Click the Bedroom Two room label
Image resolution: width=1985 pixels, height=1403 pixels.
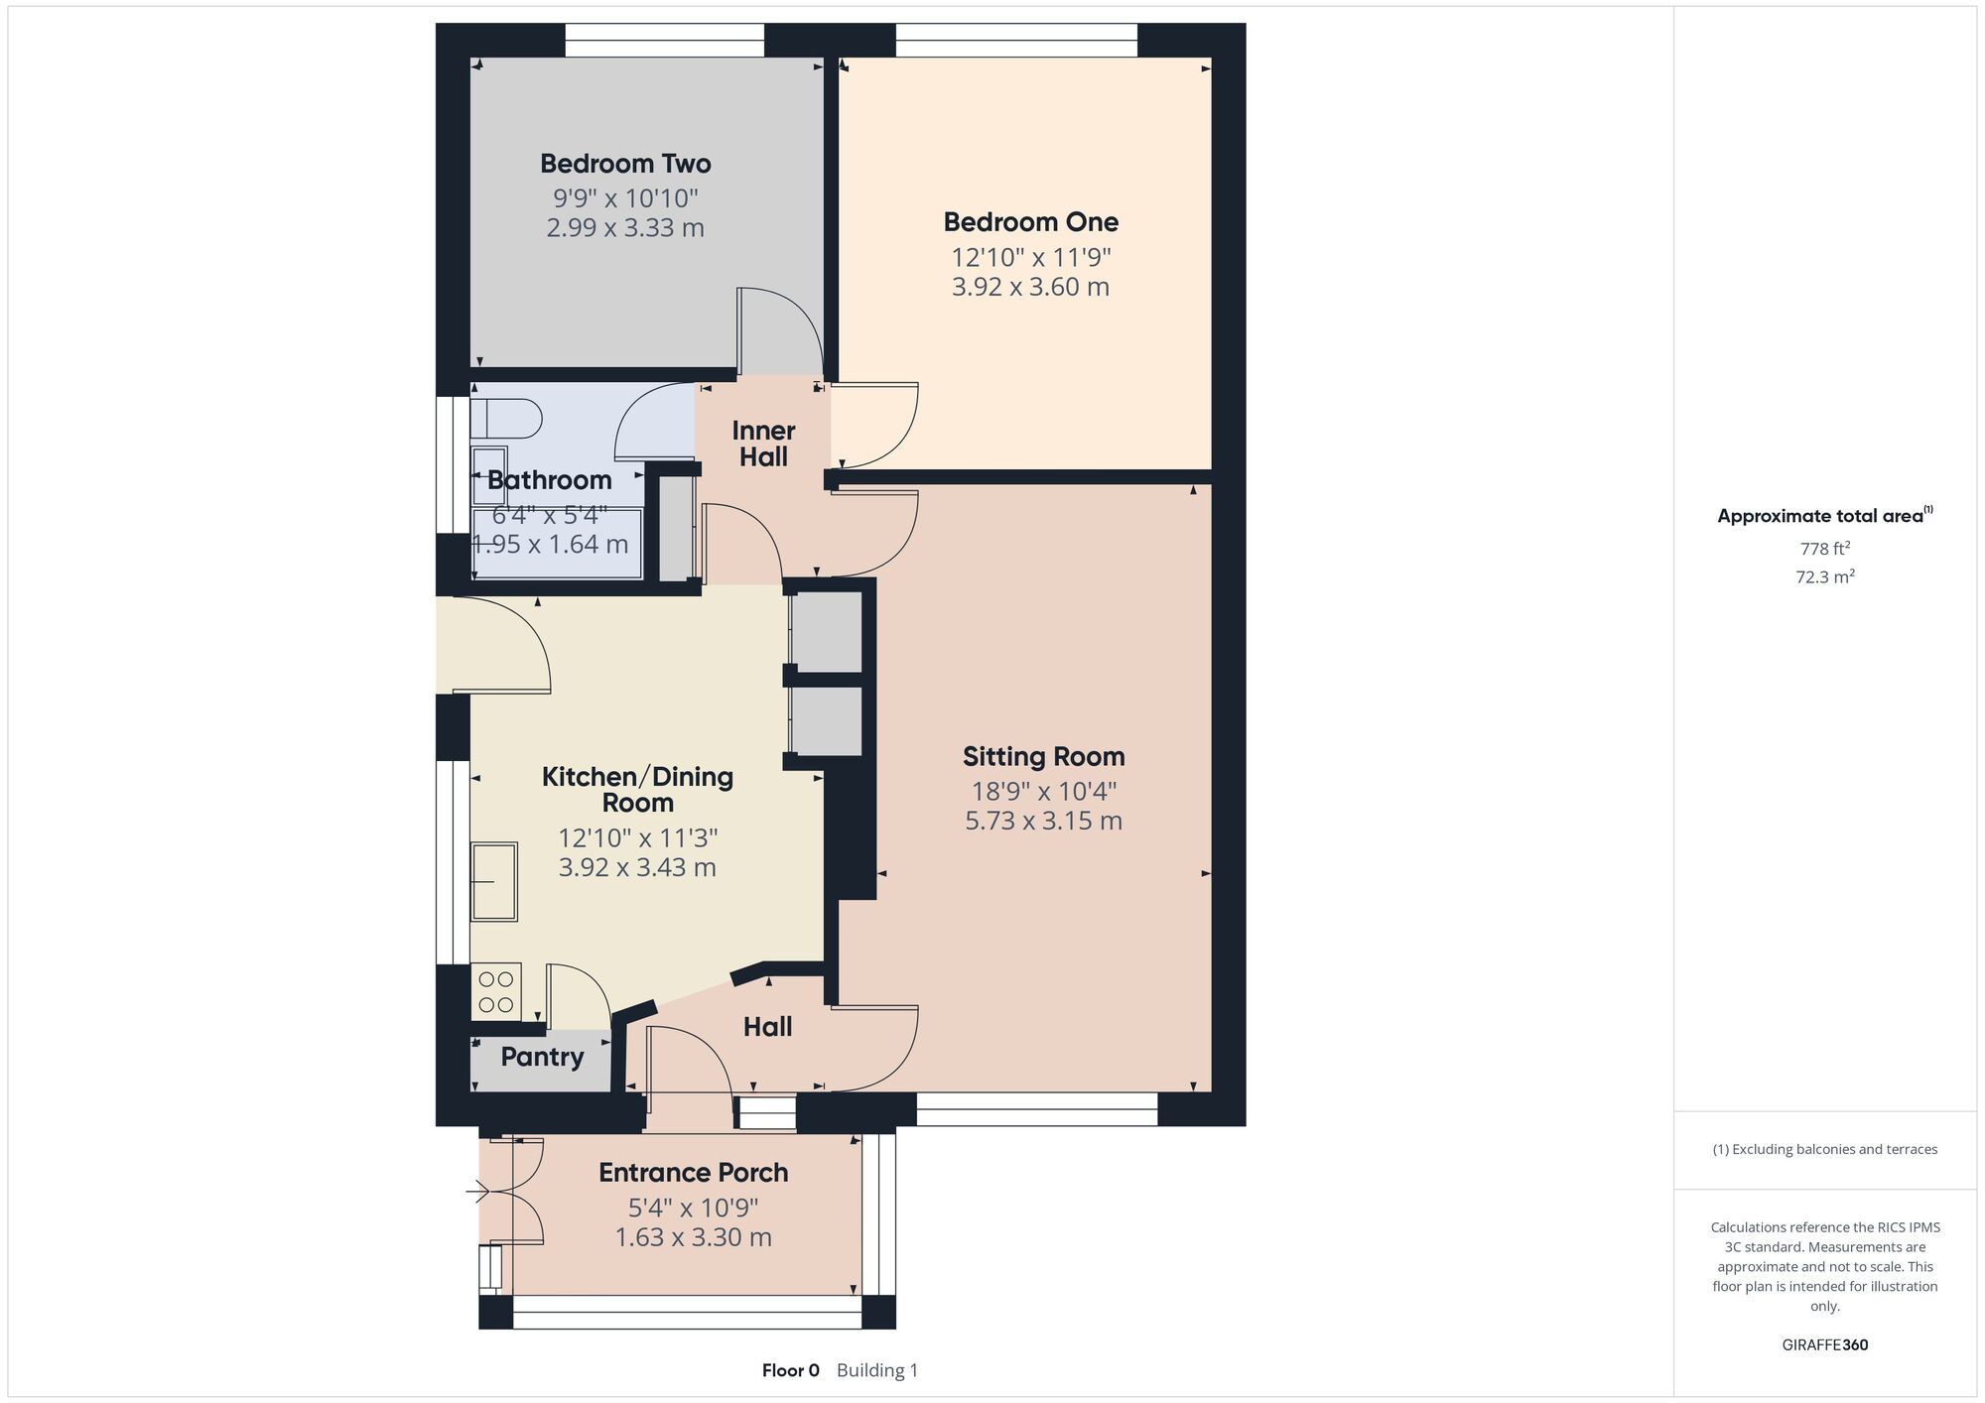(625, 164)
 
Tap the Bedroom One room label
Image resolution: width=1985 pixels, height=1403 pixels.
(1031, 222)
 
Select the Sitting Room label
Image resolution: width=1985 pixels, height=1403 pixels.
(1044, 757)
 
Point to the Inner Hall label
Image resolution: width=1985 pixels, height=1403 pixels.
(763, 444)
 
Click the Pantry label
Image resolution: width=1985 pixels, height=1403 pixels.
(542, 1057)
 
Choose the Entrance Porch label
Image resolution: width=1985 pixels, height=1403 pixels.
(694, 1173)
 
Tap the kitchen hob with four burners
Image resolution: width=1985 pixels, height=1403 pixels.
(496, 991)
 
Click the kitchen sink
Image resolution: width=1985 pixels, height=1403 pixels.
(494, 881)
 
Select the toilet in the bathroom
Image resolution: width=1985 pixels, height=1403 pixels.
(506, 419)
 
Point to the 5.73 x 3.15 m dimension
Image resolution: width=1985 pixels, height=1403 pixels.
(1044, 821)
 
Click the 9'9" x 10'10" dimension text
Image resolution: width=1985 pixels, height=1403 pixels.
(625, 197)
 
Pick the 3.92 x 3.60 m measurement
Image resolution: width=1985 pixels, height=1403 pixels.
(1031, 287)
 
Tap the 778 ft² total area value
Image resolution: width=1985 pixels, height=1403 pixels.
(1825, 549)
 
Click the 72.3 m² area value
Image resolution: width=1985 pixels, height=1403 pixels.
(1825, 576)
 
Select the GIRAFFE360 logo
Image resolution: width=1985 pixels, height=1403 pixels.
(1825, 1345)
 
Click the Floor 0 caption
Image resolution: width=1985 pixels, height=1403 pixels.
(791, 1370)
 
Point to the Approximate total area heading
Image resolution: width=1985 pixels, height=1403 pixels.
(1825, 515)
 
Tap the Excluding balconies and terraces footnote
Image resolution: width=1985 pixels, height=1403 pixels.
(1825, 1149)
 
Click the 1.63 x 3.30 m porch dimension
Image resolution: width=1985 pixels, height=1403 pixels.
(694, 1237)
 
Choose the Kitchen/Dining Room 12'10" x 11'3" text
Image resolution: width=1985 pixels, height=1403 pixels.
(638, 838)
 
